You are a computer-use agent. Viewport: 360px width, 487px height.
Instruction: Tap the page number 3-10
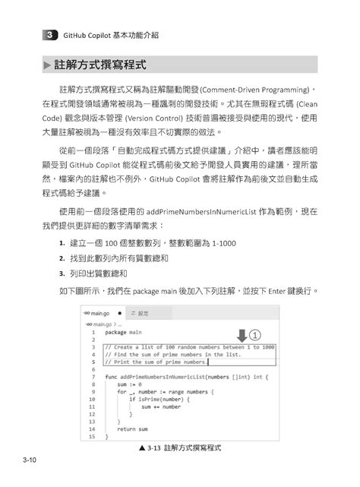(x=31, y=460)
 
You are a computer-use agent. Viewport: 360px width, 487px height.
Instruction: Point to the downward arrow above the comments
(x=242, y=335)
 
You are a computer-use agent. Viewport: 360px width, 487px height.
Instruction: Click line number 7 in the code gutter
(x=91, y=376)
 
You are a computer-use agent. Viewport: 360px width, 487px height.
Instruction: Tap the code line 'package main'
(x=126, y=332)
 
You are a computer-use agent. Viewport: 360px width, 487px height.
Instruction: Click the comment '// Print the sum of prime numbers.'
(x=156, y=362)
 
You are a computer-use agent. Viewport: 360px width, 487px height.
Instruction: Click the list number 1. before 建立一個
(x=61, y=242)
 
